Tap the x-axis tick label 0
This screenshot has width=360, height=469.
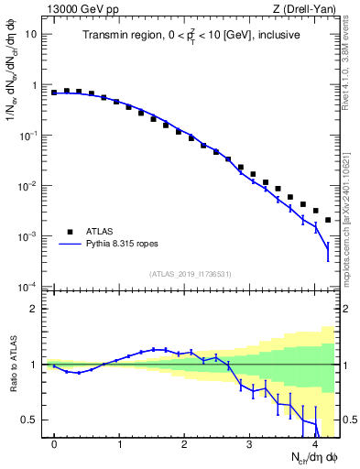coord(54,444)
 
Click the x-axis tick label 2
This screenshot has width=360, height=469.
coord(184,444)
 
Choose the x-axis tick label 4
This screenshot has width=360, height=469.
coord(314,444)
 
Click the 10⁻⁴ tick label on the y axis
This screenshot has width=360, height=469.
coord(29,287)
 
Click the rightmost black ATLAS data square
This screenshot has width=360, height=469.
coord(328,220)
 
